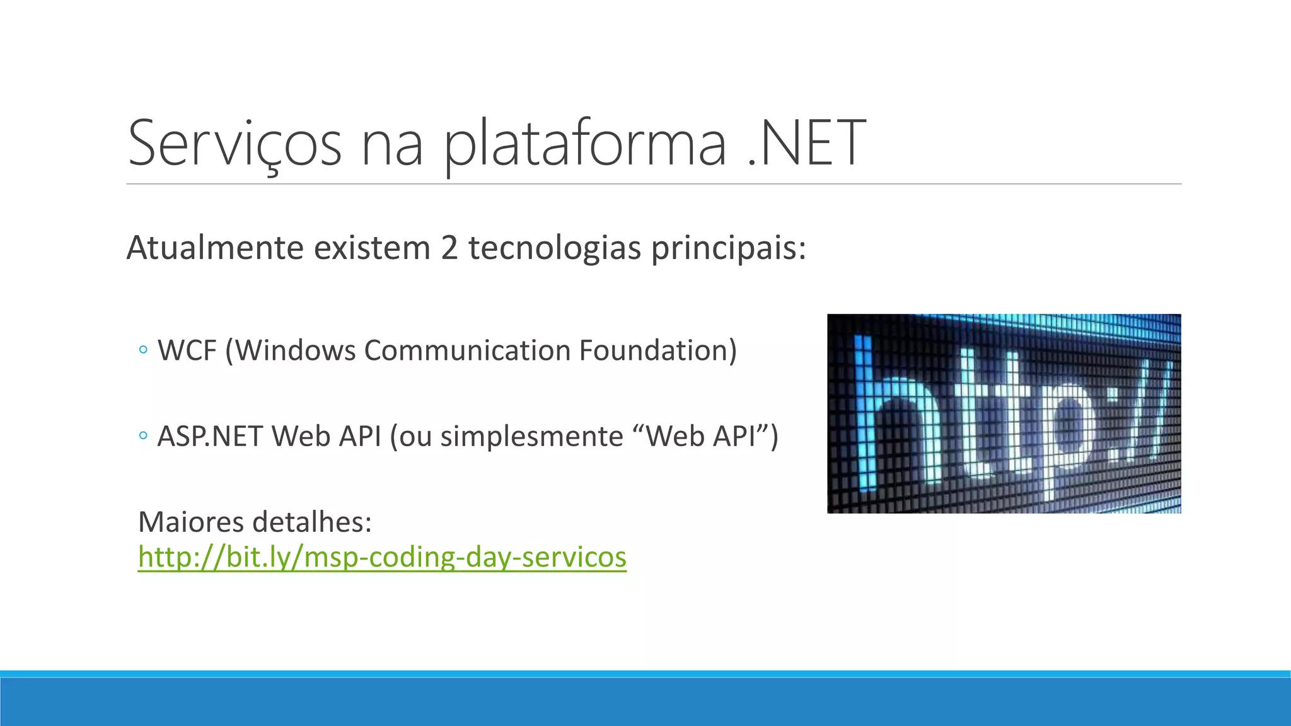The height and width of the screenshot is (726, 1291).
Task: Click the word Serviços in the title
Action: pyautogui.click(x=234, y=144)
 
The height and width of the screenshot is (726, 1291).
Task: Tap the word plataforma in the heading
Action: pyautogui.click(x=585, y=145)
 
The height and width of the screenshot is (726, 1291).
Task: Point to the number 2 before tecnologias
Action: pyautogui.click(x=449, y=248)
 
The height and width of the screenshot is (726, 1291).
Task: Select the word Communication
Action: pyautogui.click(x=467, y=350)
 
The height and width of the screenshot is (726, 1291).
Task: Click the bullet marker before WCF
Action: pyautogui.click(x=143, y=350)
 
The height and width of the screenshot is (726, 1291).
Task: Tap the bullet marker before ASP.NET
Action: pyautogui.click(x=143, y=435)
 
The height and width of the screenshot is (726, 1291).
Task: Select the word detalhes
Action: pyautogui.click(x=312, y=522)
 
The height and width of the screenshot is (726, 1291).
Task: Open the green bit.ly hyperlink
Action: pyautogui.click(x=382, y=557)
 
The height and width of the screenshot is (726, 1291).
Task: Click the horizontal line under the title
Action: pyautogui.click(x=653, y=184)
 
